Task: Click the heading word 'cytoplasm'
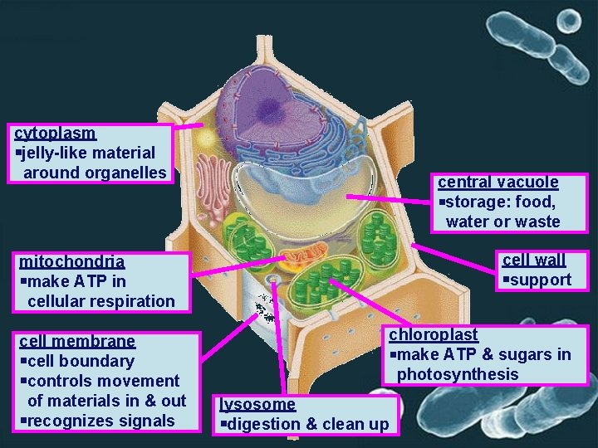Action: coord(55,133)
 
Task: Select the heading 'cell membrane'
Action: coord(76,341)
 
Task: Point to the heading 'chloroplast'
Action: coord(433,334)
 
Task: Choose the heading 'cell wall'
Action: coord(533,260)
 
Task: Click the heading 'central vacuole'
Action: coord(498,182)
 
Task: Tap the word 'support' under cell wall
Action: coord(541,280)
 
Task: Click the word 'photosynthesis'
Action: coord(457,374)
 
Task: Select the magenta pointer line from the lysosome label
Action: coord(278,340)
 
